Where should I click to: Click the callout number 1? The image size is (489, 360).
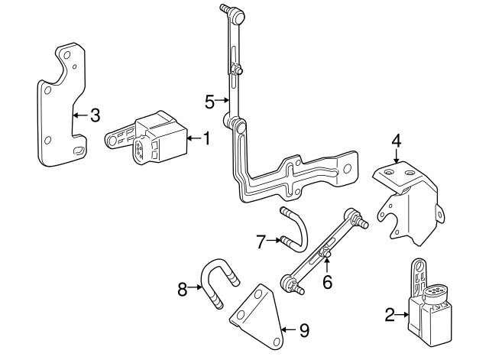click(205, 138)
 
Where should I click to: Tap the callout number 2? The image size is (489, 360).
click(390, 313)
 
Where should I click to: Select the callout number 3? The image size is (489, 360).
click(94, 115)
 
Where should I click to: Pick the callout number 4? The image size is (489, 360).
click(397, 141)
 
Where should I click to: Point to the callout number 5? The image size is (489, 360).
click(209, 99)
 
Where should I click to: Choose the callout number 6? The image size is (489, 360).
click(326, 282)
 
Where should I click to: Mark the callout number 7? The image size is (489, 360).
click(260, 242)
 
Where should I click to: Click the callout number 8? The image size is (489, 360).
click(182, 289)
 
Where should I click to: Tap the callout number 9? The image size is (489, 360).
click(303, 330)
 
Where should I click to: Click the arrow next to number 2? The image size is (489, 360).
click(403, 313)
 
